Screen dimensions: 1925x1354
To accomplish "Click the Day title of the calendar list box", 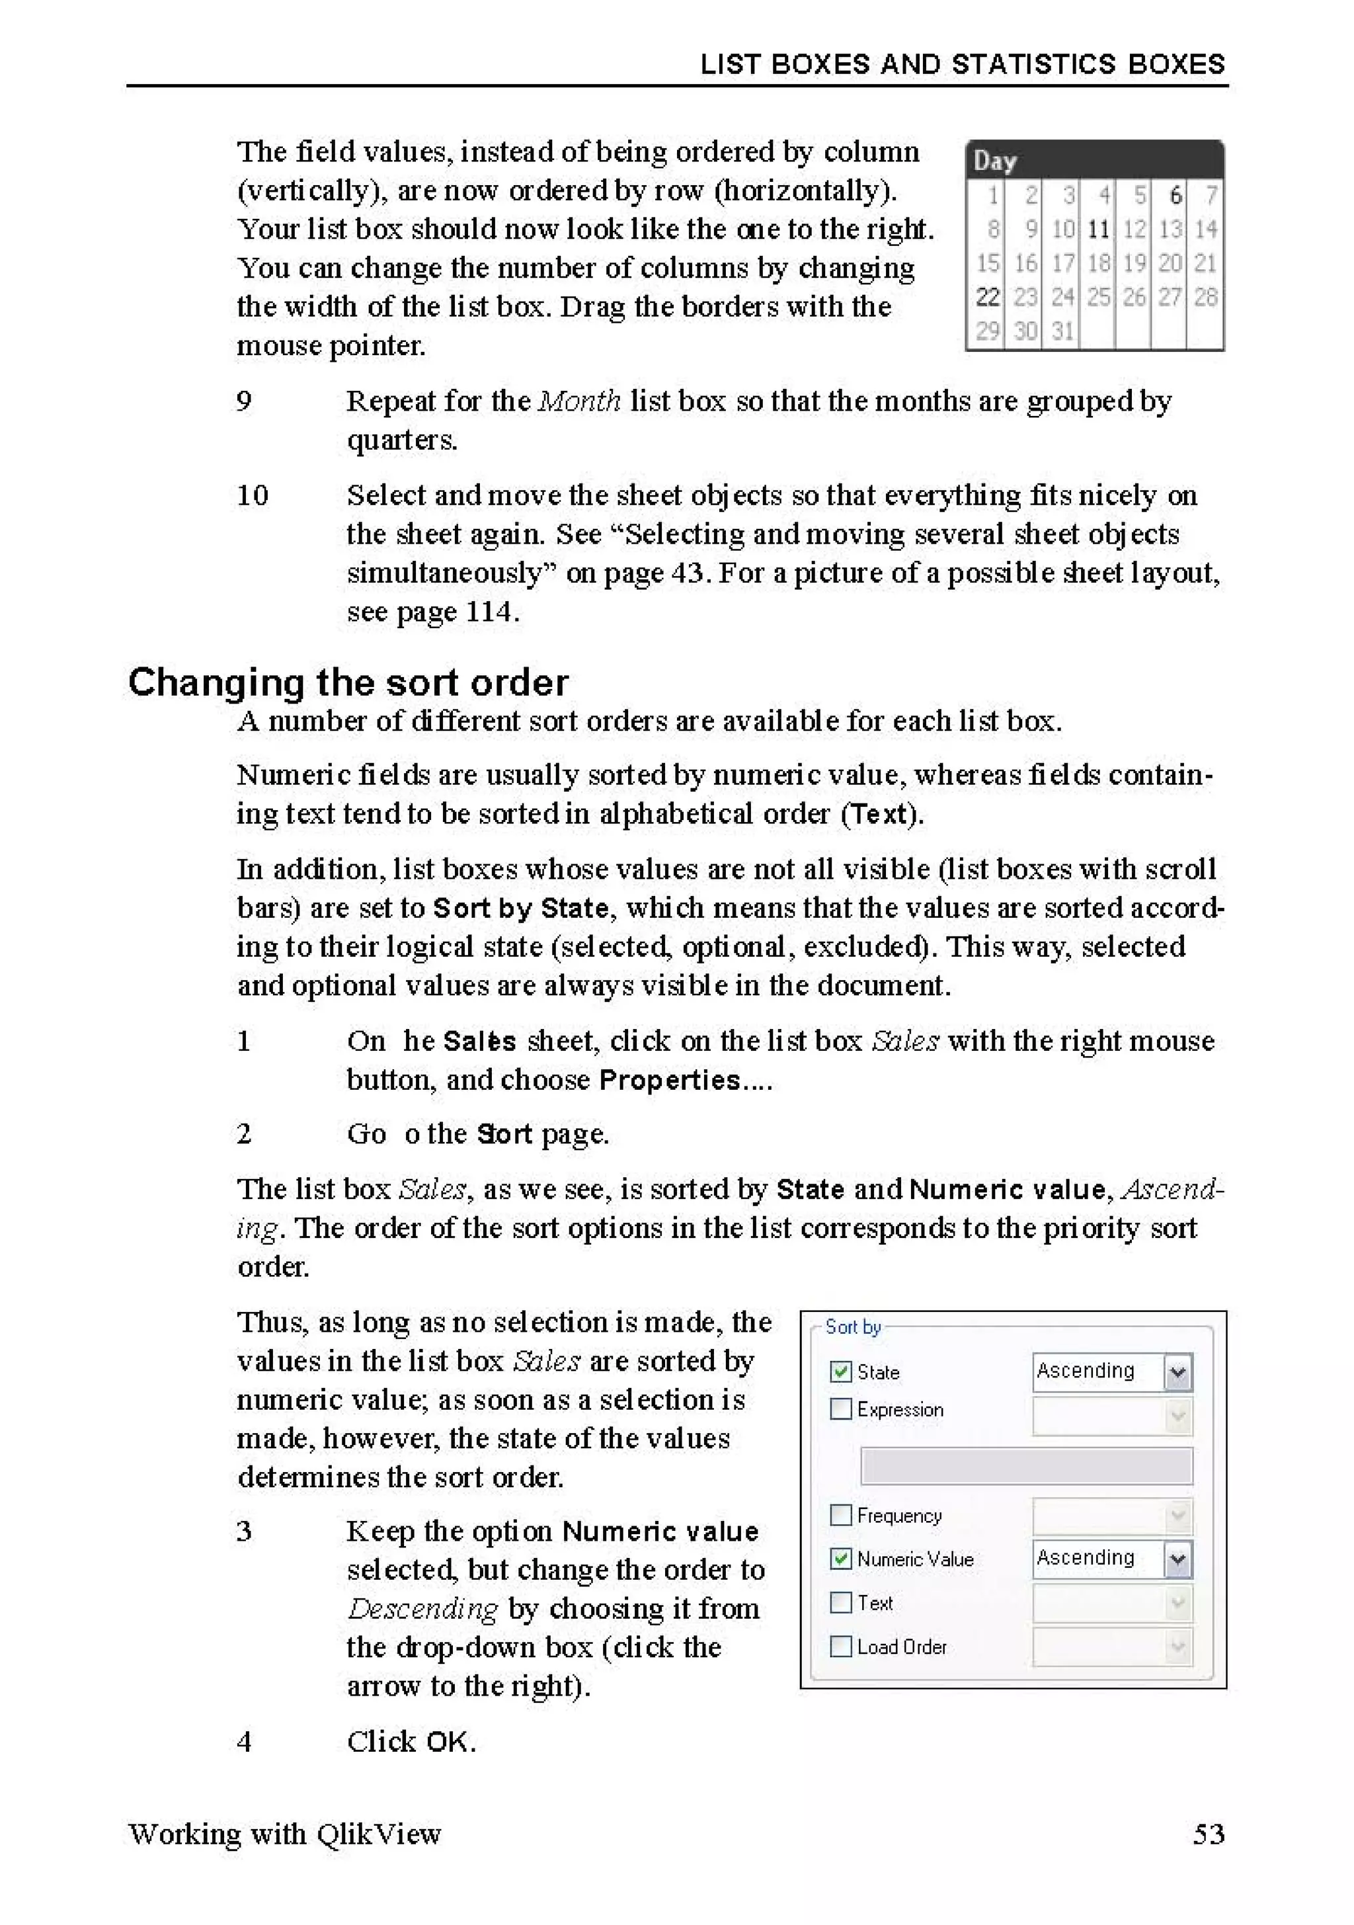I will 995,161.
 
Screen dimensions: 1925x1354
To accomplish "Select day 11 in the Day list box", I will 1097,229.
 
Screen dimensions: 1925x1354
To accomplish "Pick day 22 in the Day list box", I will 988,297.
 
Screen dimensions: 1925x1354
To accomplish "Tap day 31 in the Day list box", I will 1062,331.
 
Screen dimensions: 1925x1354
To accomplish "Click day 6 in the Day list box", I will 1175,195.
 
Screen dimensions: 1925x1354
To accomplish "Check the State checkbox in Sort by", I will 840,1371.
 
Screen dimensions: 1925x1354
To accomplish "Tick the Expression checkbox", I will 840,1409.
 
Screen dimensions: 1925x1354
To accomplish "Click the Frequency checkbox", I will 840,1515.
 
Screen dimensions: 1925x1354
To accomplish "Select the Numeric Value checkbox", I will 840,1559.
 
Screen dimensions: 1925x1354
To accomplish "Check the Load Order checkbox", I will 840,1647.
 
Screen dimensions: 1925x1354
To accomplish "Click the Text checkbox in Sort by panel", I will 840,1602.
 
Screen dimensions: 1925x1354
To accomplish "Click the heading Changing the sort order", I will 348,682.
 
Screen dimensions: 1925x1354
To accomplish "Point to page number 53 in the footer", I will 1208,1834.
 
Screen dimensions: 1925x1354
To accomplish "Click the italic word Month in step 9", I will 578,401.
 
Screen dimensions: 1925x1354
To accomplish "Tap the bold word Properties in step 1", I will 670,1080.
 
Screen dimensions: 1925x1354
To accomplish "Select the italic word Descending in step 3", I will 422,1608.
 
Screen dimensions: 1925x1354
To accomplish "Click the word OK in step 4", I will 448,1742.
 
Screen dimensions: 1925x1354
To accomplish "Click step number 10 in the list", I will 251,495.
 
